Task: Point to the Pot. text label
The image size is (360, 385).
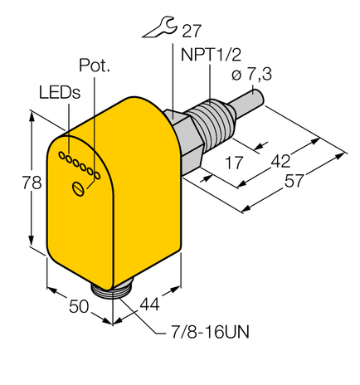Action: click(94, 66)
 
